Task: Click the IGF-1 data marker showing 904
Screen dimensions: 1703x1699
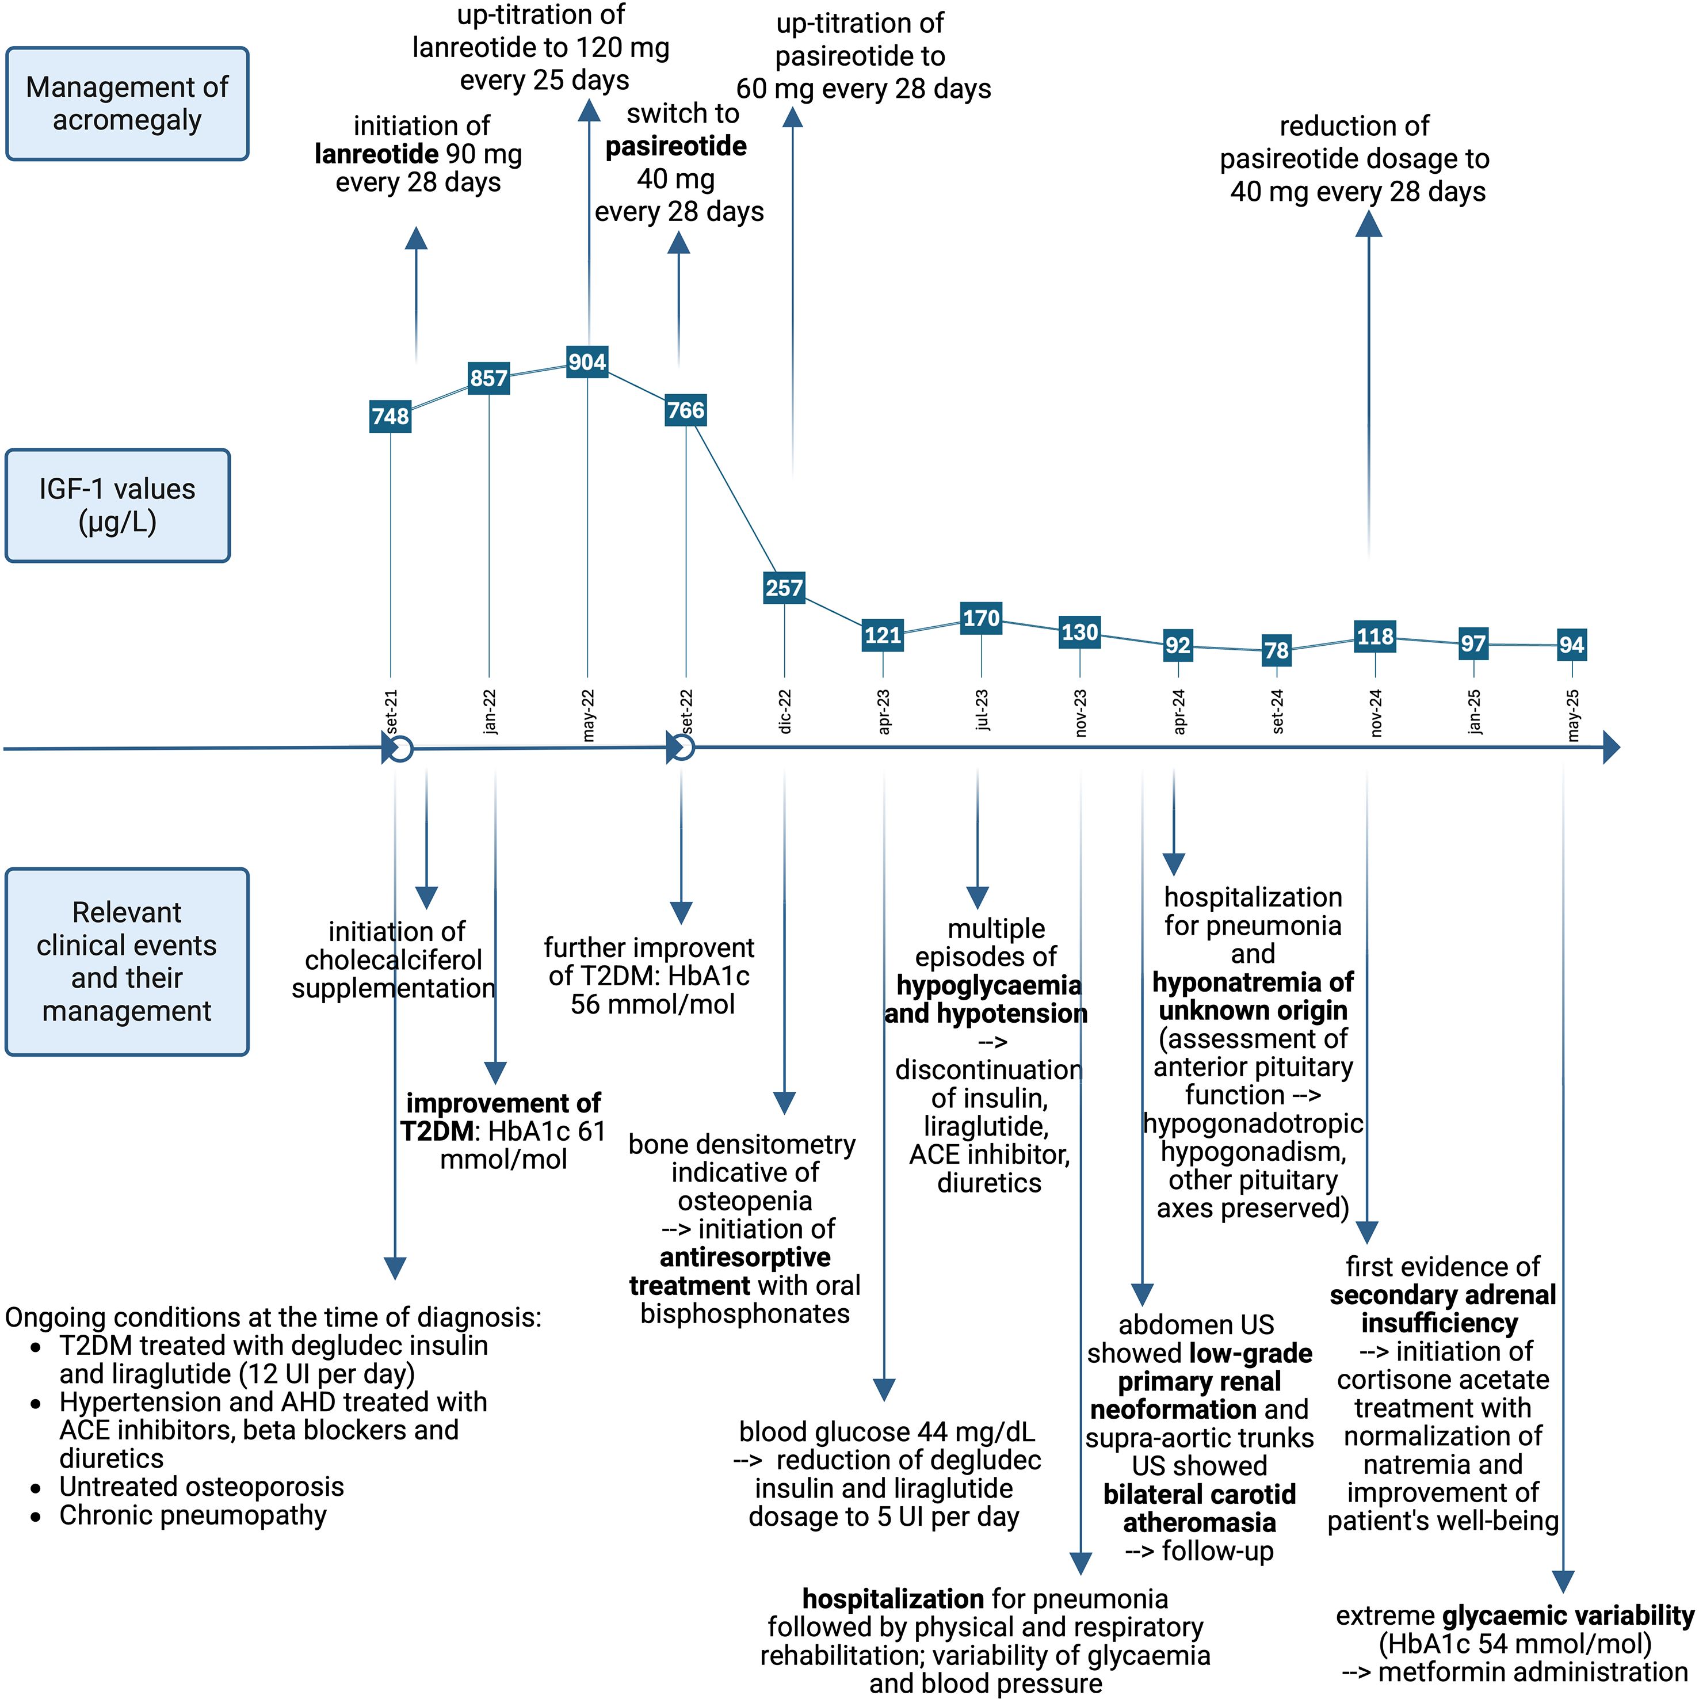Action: click(x=587, y=362)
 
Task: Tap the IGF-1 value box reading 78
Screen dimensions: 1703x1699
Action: click(x=1276, y=650)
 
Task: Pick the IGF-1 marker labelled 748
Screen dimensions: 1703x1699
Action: click(x=391, y=416)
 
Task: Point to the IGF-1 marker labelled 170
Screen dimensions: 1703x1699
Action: click(x=981, y=618)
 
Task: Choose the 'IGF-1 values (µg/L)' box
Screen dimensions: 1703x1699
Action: click(x=117, y=506)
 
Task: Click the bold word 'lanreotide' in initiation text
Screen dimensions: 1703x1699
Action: click(x=376, y=154)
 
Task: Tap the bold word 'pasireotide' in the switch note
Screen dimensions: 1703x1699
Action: click(x=676, y=146)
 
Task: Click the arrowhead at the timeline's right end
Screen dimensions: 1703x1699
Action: click(x=1611, y=748)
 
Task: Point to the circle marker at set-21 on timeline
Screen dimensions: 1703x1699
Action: click(x=401, y=749)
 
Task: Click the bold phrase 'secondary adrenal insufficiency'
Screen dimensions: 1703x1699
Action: click(x=1442, y=1309)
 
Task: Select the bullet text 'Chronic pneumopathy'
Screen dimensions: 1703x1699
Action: click(x=192, y=1515)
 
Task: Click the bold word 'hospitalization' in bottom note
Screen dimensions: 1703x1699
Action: click(x=893, y=1598)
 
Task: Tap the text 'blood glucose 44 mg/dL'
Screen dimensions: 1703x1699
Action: click(x=887, y=1431)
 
